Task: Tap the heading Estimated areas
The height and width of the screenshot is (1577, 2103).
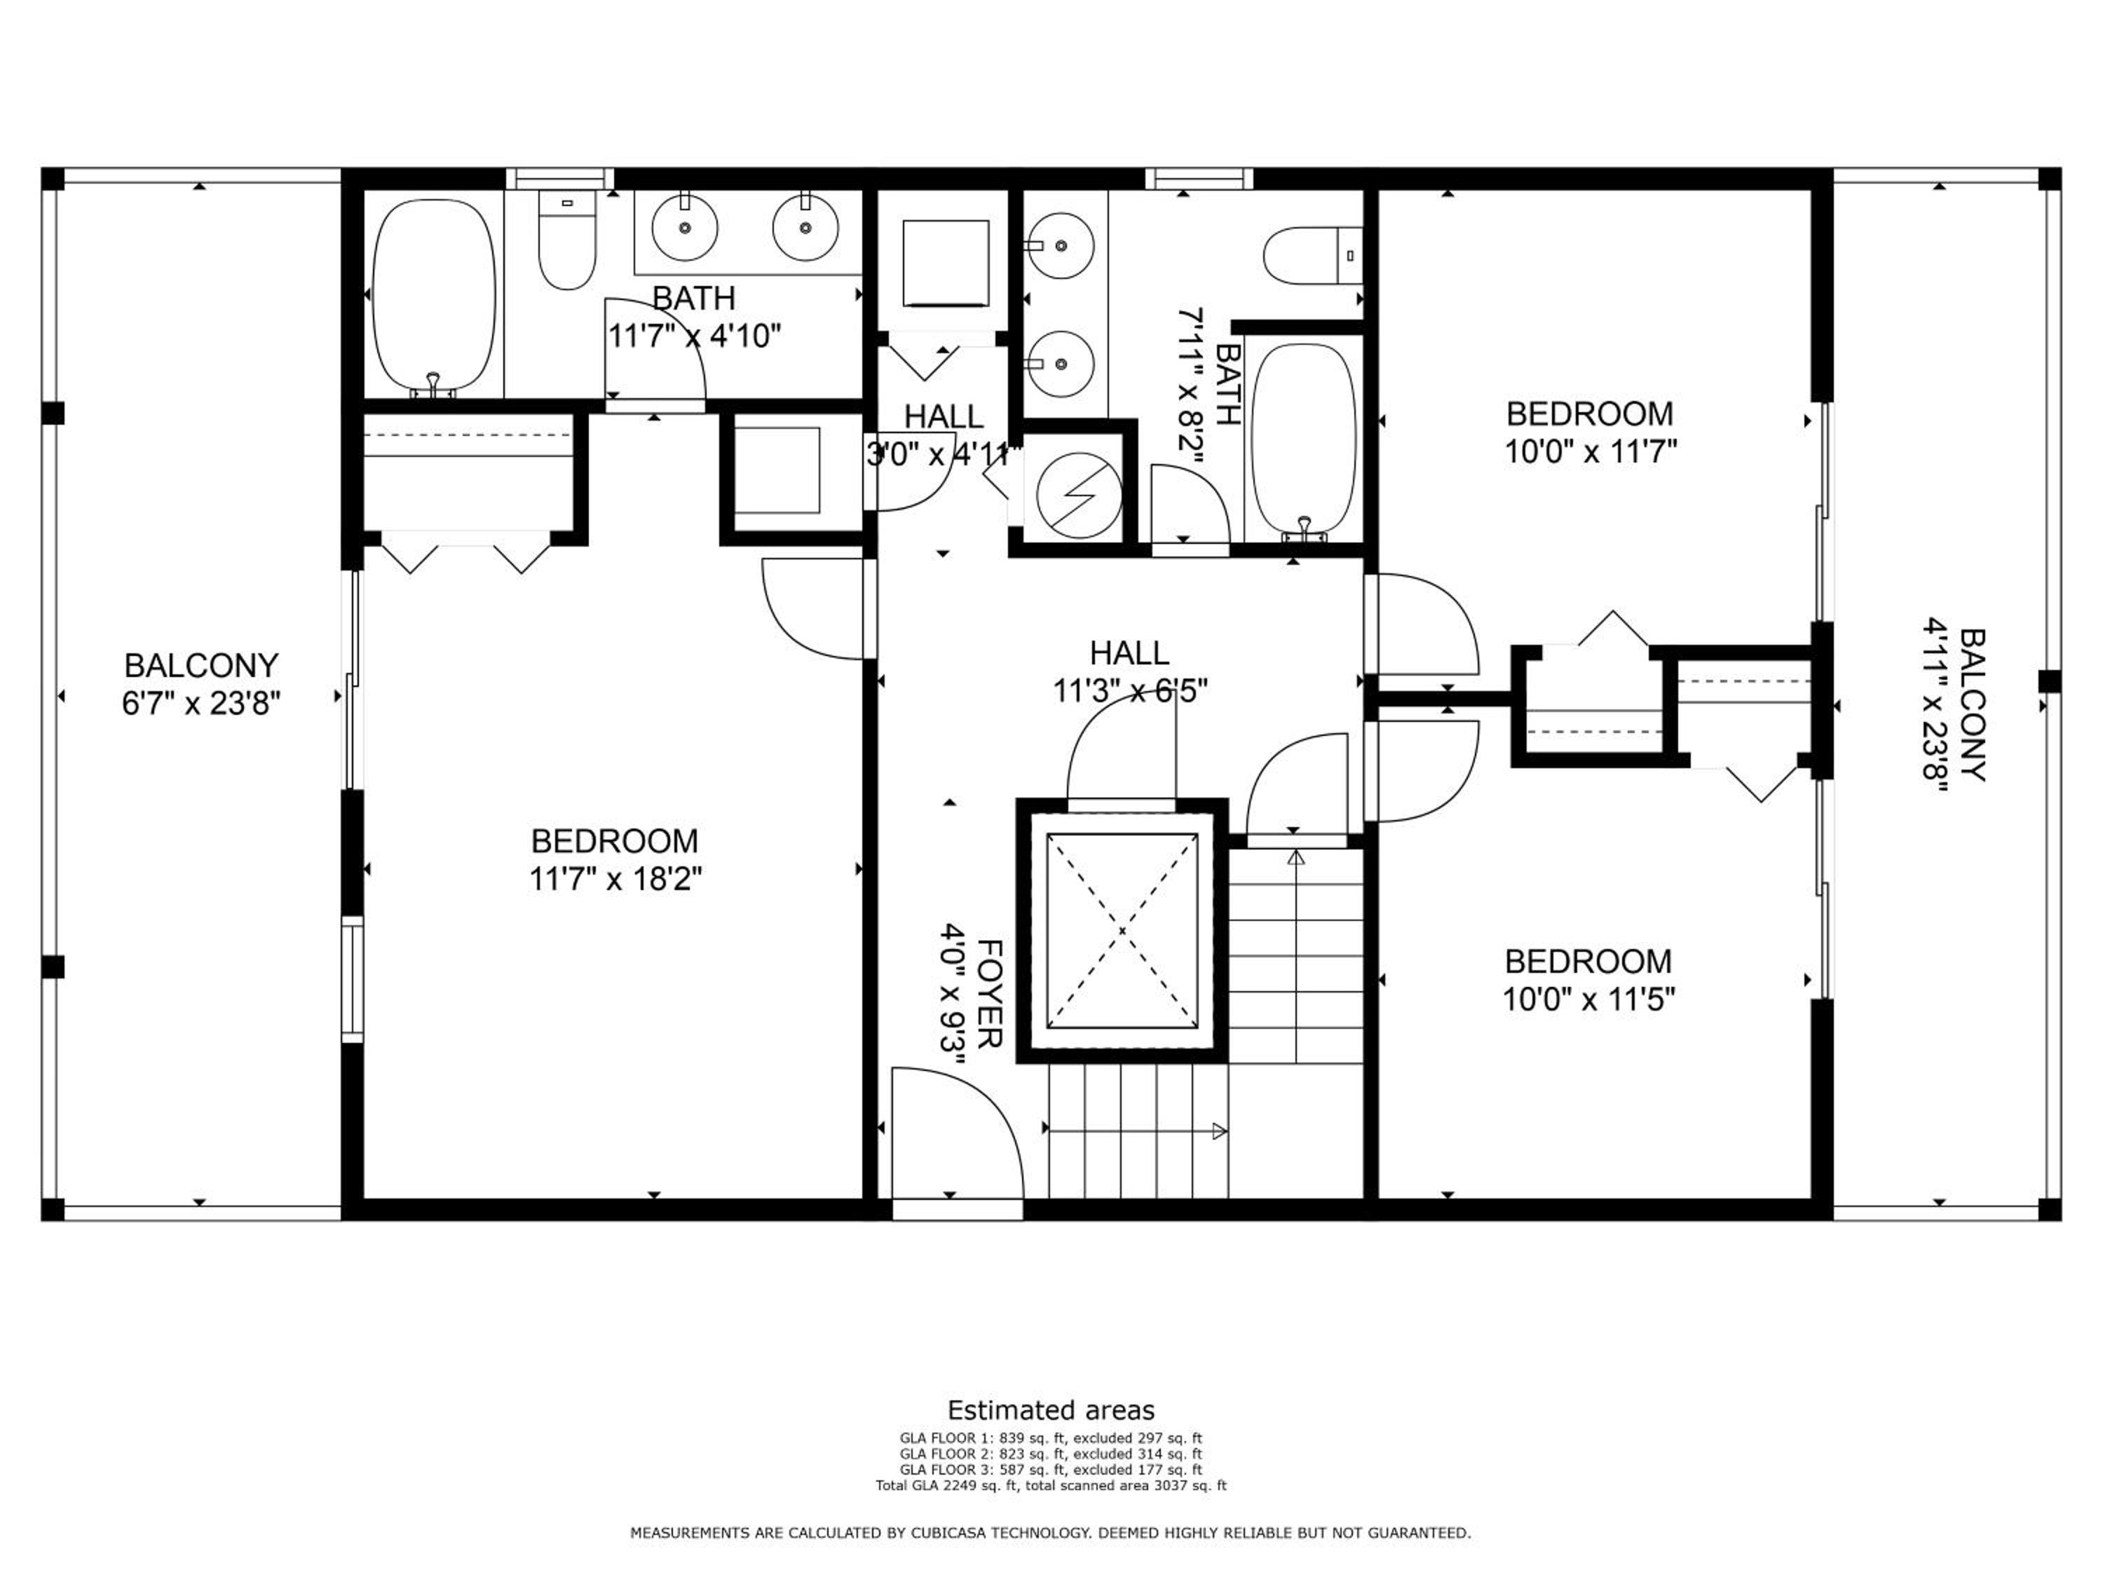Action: [x=1051, y=1409]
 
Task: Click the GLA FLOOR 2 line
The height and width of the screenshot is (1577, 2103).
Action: [x=1051, y=1454]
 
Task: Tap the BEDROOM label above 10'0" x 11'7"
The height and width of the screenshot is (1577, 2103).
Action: [x=1590, y=414]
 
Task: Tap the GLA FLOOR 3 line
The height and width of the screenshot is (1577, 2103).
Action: [x=1051, y=1470]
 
